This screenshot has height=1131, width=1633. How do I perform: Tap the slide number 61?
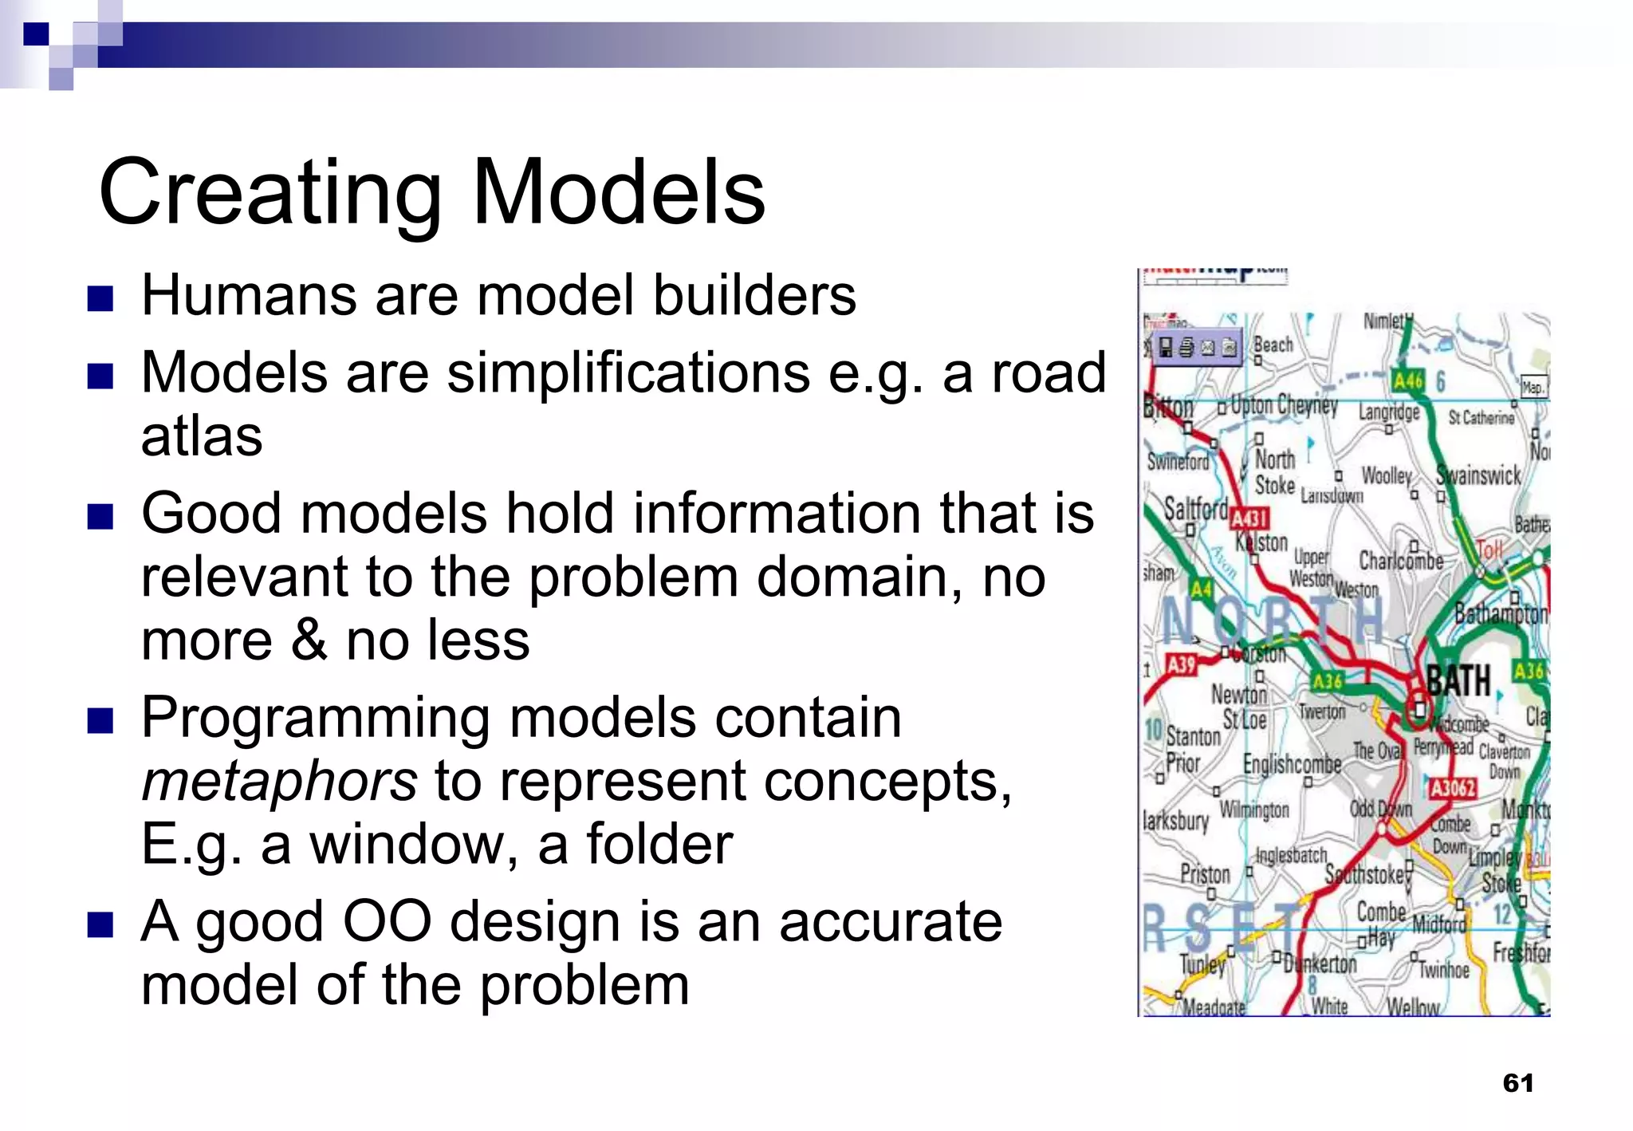pyautogui.click(x=1517, y=1082)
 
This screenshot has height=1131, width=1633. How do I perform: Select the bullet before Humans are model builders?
pyautogui.click(x=100, y=299)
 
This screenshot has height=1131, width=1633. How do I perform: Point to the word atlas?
pyautogui.click(x=202, y=436)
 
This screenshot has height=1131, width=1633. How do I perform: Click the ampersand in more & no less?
pyautogui.click(x=309, y=640)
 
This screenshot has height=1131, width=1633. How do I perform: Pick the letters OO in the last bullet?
pyautogui.click(x=387, y=922)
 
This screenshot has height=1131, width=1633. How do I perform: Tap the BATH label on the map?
pyautogui.click(x=1458, y=680)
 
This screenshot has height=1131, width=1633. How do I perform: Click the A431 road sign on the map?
pyautogui.click(x=1249, y=518)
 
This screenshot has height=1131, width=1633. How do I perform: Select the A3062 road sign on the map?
pyautogui.click(x=1452, y=788)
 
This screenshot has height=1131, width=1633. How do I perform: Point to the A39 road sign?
pyautogui.click(x=1181, y=664)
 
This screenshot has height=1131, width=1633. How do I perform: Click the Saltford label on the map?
pyautogui.click(x=1195, y=508)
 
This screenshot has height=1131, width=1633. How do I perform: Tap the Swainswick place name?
pyautogui.click(x=1478, y=475)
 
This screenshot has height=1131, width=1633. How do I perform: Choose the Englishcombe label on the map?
pyautogui.click(x=1292, y=764)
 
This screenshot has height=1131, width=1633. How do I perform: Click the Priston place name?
pyautogui.click(x=1205, y=874)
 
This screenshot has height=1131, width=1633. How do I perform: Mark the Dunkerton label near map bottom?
pyautogui.click(x=1320, y=964)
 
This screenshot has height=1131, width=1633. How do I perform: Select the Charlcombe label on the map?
pyautogui.click(x=1401, y=561)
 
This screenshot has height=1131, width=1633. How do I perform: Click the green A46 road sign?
pyautogui.click(x=1407, y=380)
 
